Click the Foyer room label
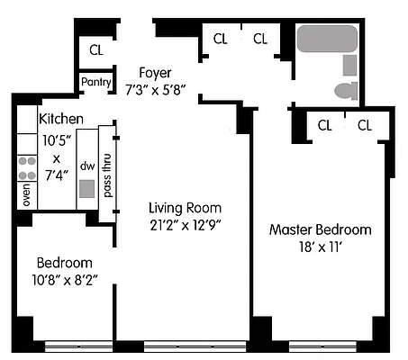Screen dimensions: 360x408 (x=154, y=72)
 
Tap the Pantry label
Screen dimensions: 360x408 (x=95, y=83)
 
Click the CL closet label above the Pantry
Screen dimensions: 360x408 (x=95, y=49)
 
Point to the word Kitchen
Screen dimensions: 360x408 (x=61, y=119)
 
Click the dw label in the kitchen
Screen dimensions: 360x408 (x=87, y=166)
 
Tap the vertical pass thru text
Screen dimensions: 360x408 (x=108, y=175)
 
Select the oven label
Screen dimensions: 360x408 (x=26, y=195)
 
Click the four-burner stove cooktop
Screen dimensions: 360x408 (x=27, y=167)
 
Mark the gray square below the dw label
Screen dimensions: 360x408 (x=86, y=189)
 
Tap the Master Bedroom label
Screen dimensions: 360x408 (x=320, y=229)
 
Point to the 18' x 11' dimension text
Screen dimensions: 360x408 (x=320, y=247)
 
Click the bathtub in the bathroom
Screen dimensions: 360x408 (x=327, y=39)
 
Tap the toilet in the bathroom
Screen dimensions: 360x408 (x=346, y=90)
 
